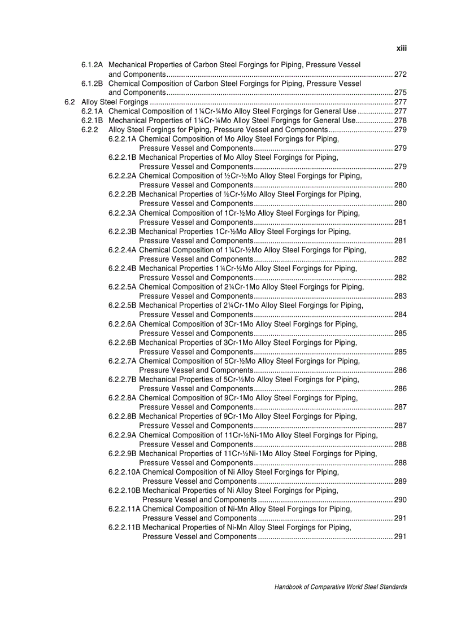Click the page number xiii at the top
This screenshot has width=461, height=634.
click(401, 49)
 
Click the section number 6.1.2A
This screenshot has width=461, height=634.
click(92, 65)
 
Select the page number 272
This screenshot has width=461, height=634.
click(401, 75)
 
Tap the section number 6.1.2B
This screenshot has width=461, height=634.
click(92, 84)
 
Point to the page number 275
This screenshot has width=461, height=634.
click(401, 93)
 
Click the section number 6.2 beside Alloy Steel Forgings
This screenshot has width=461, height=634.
click(69, 102)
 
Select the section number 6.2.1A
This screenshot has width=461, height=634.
click(92, 111)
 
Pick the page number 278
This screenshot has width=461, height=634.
click(401, 120)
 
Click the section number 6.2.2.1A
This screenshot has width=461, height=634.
click(123, 139)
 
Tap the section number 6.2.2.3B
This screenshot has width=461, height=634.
click(123, 231)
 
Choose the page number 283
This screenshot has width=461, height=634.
click(401, 296)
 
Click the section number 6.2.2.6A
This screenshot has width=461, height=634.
click(123, 324)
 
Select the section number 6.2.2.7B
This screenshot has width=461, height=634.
click(123, 379)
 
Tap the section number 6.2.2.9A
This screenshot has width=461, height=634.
click(123, 435)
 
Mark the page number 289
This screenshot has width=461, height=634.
click(401, 482)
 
